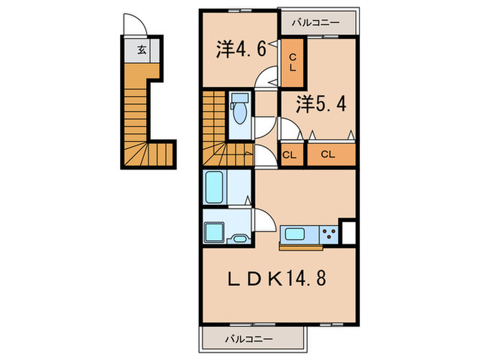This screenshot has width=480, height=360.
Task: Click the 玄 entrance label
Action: point(141,49)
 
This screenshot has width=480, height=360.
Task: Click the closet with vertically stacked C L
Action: point(292,62)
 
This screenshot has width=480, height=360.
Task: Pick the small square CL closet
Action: point(289,154)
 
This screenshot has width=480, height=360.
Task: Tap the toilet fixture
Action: point(241,110)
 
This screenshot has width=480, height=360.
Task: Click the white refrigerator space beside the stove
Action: point(348,231)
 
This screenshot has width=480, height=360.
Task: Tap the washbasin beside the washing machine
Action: point(240,239)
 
